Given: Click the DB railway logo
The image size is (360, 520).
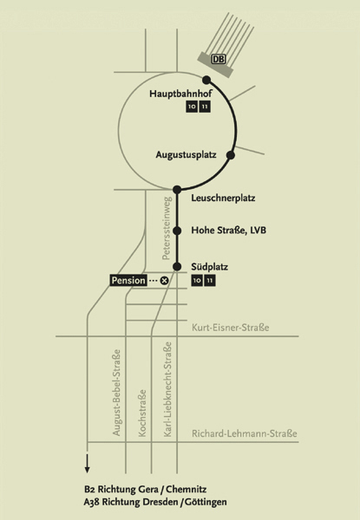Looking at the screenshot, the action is [x=219, y=59].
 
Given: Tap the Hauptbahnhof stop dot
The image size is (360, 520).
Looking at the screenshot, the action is [x=206, y=80].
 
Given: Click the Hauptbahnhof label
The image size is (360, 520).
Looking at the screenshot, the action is [x=180, y=94].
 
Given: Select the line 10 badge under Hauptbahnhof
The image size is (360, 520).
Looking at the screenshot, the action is [x=192, y=107].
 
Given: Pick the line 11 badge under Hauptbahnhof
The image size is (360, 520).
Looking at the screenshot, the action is [x=205, y=107].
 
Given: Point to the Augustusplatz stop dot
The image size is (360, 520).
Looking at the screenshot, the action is [x=231, y=155].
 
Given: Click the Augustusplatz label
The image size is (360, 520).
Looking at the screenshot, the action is [x=187, y=155].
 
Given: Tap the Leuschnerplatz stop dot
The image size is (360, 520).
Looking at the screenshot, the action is [x=177, y=190].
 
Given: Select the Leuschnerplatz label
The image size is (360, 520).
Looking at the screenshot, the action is [x=223, y=198].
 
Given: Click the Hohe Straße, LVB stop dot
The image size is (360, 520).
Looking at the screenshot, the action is [x=177, y=231].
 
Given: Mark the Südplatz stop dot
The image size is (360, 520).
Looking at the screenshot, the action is [x=177, y=266].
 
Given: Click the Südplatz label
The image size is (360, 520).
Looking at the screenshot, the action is [x=209, y=267].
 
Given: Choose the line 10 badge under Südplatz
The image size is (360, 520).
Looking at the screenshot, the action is [x=197, y=281].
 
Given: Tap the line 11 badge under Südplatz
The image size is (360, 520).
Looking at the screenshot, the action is [x=210, y=281].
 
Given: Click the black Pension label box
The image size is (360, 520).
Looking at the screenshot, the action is [x=128, y=281].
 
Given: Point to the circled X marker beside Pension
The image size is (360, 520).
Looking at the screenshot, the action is [x=164, y=281].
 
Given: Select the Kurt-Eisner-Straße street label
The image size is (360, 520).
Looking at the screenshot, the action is [x=230, y=328].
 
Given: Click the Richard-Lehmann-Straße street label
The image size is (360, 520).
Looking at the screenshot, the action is [x=245, y=434].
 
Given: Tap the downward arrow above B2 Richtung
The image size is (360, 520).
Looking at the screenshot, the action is [x=87, y=464].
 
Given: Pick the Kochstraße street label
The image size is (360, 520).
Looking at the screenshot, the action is [x=142, y=413].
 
